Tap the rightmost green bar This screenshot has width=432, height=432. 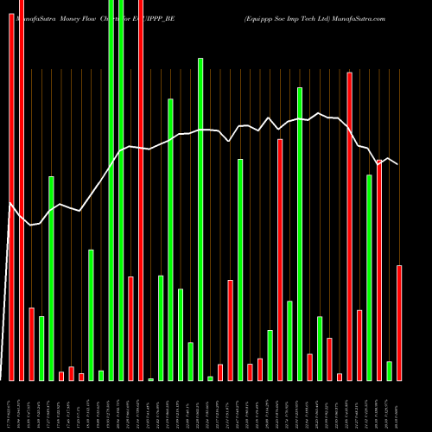(x=390, y=371)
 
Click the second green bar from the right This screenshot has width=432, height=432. (x=370, y=277)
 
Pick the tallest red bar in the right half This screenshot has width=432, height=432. (x=349, y=226)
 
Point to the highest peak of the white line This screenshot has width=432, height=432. (x=319, y=113)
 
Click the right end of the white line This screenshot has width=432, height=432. (x=397, y=164)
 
